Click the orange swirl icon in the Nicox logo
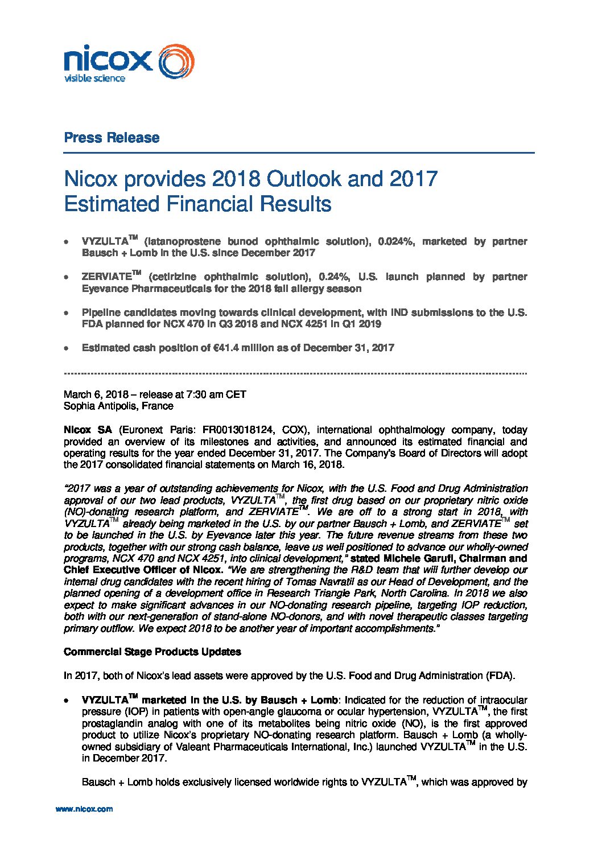tap(175, 62)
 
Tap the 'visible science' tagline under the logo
tap(94, 79)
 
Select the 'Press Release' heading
tap(112, 138)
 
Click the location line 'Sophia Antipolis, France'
tap(118, 406)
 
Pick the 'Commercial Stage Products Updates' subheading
tap(152, 652)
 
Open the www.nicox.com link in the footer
tap(84, 809)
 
